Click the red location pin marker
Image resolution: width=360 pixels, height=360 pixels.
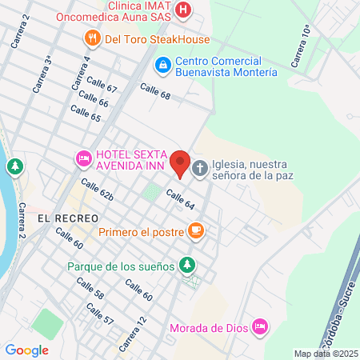(180, 163)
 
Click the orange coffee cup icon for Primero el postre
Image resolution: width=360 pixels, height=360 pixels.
(196, 232)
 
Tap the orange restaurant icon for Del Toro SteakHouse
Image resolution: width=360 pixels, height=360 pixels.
(94, 38)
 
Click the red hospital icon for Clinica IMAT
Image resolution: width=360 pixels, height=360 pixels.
(184, 10)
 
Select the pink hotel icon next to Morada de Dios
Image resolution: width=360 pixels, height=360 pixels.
(258, 326)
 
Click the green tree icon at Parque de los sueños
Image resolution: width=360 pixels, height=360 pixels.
(186, 264)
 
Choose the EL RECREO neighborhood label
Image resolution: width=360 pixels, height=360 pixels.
(68, 218)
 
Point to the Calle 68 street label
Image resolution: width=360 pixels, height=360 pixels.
(155, 91)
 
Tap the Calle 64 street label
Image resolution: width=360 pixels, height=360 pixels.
(181, 199)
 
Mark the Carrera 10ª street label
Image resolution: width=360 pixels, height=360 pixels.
(301, 46)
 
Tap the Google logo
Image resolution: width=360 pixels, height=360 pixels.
(26, 350)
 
